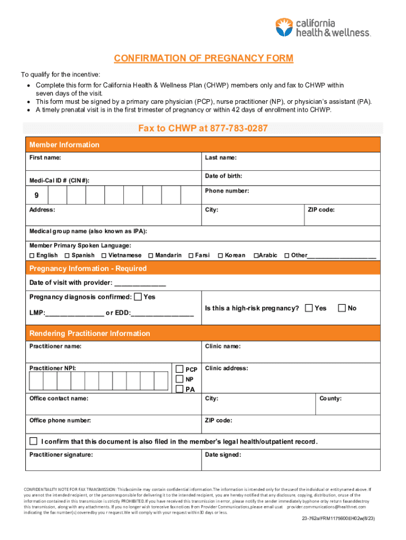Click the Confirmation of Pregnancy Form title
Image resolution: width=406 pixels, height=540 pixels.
pyautogui.click(x=203, y=59)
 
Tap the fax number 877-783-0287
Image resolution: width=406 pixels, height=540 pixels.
pyautogui.click(x=239, y=128)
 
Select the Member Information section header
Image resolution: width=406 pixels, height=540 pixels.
pyautogui.click(x=64, y=144)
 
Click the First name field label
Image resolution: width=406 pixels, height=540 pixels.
pyautogui.click(x=45, y=158)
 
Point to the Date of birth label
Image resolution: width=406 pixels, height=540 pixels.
pyautogui.click(x=224, y=176)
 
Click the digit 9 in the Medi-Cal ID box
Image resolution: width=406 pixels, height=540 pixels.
pyautogui.click(x=36, y=196)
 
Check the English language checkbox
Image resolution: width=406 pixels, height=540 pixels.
pyautogui.click(x=32, y=256)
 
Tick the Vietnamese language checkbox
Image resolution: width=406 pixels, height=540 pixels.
pyautogui.click(x=104, y=256)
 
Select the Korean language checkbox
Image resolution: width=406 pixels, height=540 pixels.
pyautogui.click(x=220, y=256)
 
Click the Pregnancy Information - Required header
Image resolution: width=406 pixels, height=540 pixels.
pyautogui.click(x=88, y=268)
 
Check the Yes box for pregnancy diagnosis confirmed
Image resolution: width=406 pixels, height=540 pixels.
pyautogui.click(x=138, y=297)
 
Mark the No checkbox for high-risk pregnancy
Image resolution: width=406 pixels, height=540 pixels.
pyautogui.click(x=342, y=307)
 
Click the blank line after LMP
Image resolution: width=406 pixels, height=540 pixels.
pyautogui.click(x=74, y=313)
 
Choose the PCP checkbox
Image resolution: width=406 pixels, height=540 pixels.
pyautogui.click(x=180, y=369)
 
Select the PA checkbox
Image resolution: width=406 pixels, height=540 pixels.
pyautogui.click(x=180, y=389)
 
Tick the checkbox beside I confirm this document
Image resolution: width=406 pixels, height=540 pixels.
pyautogui.click(x=34, y=441)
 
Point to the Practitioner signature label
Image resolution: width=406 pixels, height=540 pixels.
pyautogui.click(x=61, y=455)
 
